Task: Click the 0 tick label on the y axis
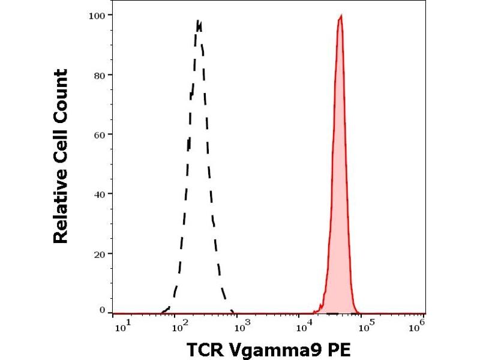[x=103, y=310]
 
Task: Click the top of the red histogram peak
[x=341, y=16]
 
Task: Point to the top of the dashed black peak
[x=198, y=22]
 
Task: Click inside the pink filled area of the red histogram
[x=340, y=180]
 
